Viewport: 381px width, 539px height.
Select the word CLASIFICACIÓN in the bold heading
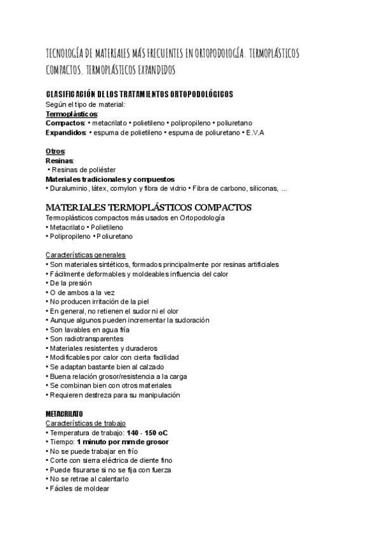click(70, 95)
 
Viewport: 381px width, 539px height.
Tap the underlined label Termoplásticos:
click(67, 113)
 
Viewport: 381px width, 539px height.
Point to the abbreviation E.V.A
click(255, 132)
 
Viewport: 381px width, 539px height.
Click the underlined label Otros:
click(56, 152)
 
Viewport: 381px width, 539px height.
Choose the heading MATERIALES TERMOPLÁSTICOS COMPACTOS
click(149, 208)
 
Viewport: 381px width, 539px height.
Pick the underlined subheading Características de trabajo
click(86, 423)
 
